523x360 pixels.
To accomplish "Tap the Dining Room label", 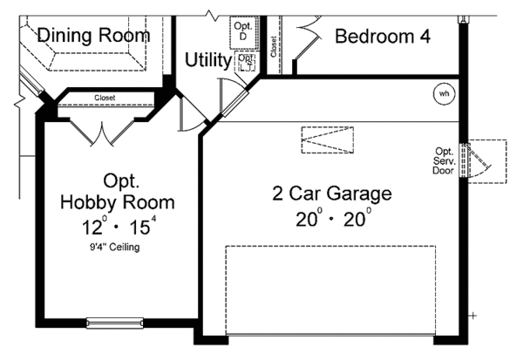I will click(93, 36).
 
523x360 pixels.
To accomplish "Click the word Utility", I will click(208, 61).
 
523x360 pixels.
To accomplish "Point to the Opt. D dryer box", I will click(242, 32).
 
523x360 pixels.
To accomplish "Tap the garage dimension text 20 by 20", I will click(332, 218).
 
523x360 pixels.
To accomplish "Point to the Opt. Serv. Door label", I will click(445, 160).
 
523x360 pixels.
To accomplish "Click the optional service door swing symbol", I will click(481, 160).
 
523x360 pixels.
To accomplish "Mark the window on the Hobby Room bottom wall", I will click(117, 323).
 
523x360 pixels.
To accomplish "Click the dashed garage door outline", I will click(330, 289).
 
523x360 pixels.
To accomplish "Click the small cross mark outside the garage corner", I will click(472, 315).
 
